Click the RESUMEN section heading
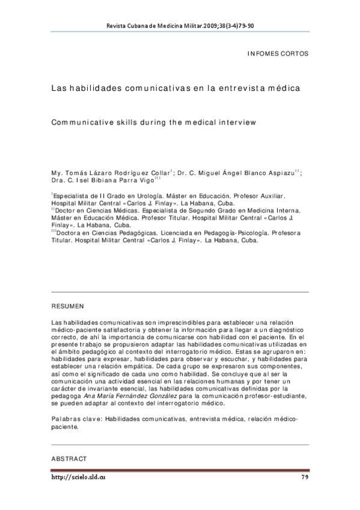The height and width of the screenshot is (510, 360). coord(67,306)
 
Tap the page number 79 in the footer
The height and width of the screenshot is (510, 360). coord(304,478)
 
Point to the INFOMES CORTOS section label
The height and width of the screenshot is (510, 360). coord(278,54)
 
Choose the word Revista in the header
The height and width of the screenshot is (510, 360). coord(116,26)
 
